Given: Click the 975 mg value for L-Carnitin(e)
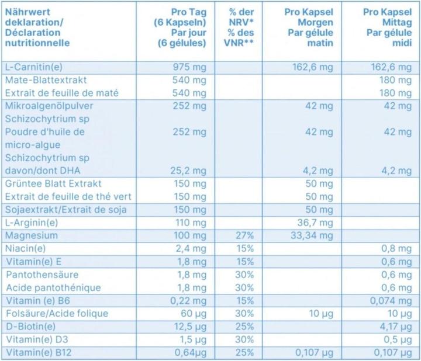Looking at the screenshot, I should coord(190,67).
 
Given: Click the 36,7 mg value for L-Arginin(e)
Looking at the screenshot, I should coord(315,223).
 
